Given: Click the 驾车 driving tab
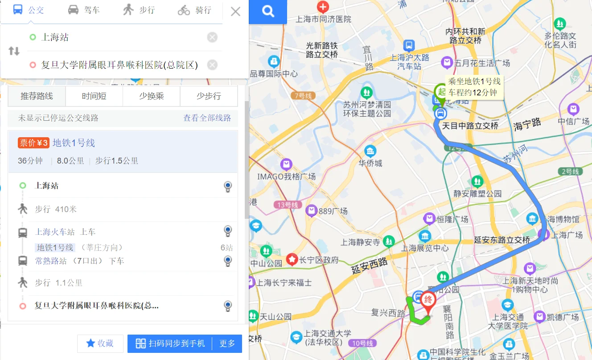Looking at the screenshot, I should click(83, 10).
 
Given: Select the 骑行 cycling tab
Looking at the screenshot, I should click(194, 10).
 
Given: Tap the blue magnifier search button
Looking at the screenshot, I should click(268, 12).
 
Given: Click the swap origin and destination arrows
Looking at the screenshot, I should click(14, 51).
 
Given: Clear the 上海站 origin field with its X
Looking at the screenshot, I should click(212, 37).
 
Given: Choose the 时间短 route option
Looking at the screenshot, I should click(94, 96).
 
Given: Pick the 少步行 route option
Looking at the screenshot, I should click(209, 96).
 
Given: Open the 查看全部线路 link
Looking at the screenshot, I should click(207, 118).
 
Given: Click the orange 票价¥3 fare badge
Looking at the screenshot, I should click(33, 143).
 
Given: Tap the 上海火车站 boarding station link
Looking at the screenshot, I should click(55, 232).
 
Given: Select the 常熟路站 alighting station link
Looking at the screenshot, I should click(51, 261).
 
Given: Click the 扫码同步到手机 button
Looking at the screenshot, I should click(170, 344).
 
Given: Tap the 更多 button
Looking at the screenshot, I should click(227, 344).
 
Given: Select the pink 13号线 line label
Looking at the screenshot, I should click(287, 205).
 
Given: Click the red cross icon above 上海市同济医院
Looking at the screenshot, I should click(323, 6).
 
